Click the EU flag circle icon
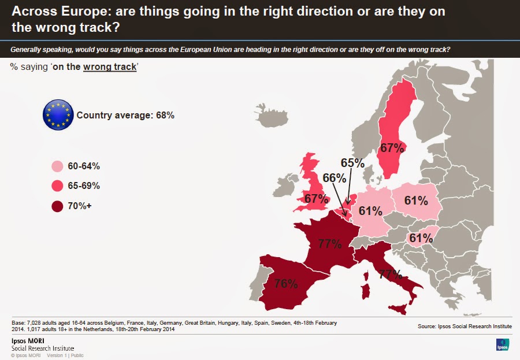click(x=58, y=114)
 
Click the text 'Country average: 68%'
click(x=125, y=115)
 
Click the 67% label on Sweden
click(x=391, y=148)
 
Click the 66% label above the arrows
click(x=334, y=178)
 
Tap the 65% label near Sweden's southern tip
click(x=352, y=163)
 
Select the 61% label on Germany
click(x=370, y=211)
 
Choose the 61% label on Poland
click(x=416, y=201)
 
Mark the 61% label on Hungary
click(x=420, y=238)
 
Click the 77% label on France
click(x=329, y=243)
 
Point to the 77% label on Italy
click(x=391, y=274)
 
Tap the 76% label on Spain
click(x=286, y=284)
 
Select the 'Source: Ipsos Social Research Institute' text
click(x=465, y=326)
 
